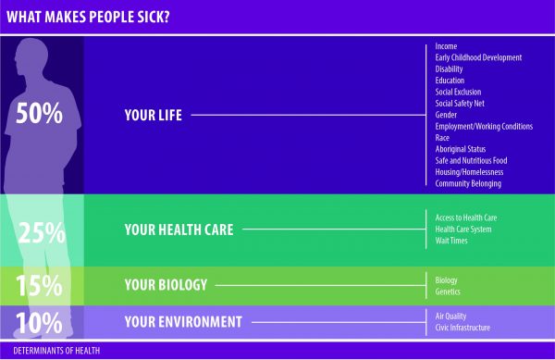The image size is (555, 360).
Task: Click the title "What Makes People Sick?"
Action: tap(88, 17)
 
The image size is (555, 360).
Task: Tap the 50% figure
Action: tap(39, 113)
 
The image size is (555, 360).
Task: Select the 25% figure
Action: tap(42, 232)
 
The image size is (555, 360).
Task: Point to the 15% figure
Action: tap(39, 285)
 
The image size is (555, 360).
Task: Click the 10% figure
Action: tap(39, 323)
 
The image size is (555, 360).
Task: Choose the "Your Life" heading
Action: tap(154, 115)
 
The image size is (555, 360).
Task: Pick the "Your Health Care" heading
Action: tap(179, 230)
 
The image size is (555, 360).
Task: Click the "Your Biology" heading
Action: tap(166, 285)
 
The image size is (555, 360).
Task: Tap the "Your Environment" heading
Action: tap(183, 322)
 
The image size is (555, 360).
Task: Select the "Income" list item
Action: tap(446, 46)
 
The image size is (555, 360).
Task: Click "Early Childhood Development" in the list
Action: tap(478, 57)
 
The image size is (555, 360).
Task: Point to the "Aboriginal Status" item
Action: tap(461, 149)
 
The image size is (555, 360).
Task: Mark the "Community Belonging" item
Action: tap(468, 183)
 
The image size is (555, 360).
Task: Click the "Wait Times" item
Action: tap(451, 241)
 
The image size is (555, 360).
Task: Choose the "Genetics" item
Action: tap(448, 292)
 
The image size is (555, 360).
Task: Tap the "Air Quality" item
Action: tap(450, 317)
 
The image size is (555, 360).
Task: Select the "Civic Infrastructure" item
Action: tap(462, 328)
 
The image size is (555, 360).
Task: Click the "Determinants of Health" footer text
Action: tap(56, 351)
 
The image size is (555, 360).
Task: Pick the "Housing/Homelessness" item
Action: tap(469, 172)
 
